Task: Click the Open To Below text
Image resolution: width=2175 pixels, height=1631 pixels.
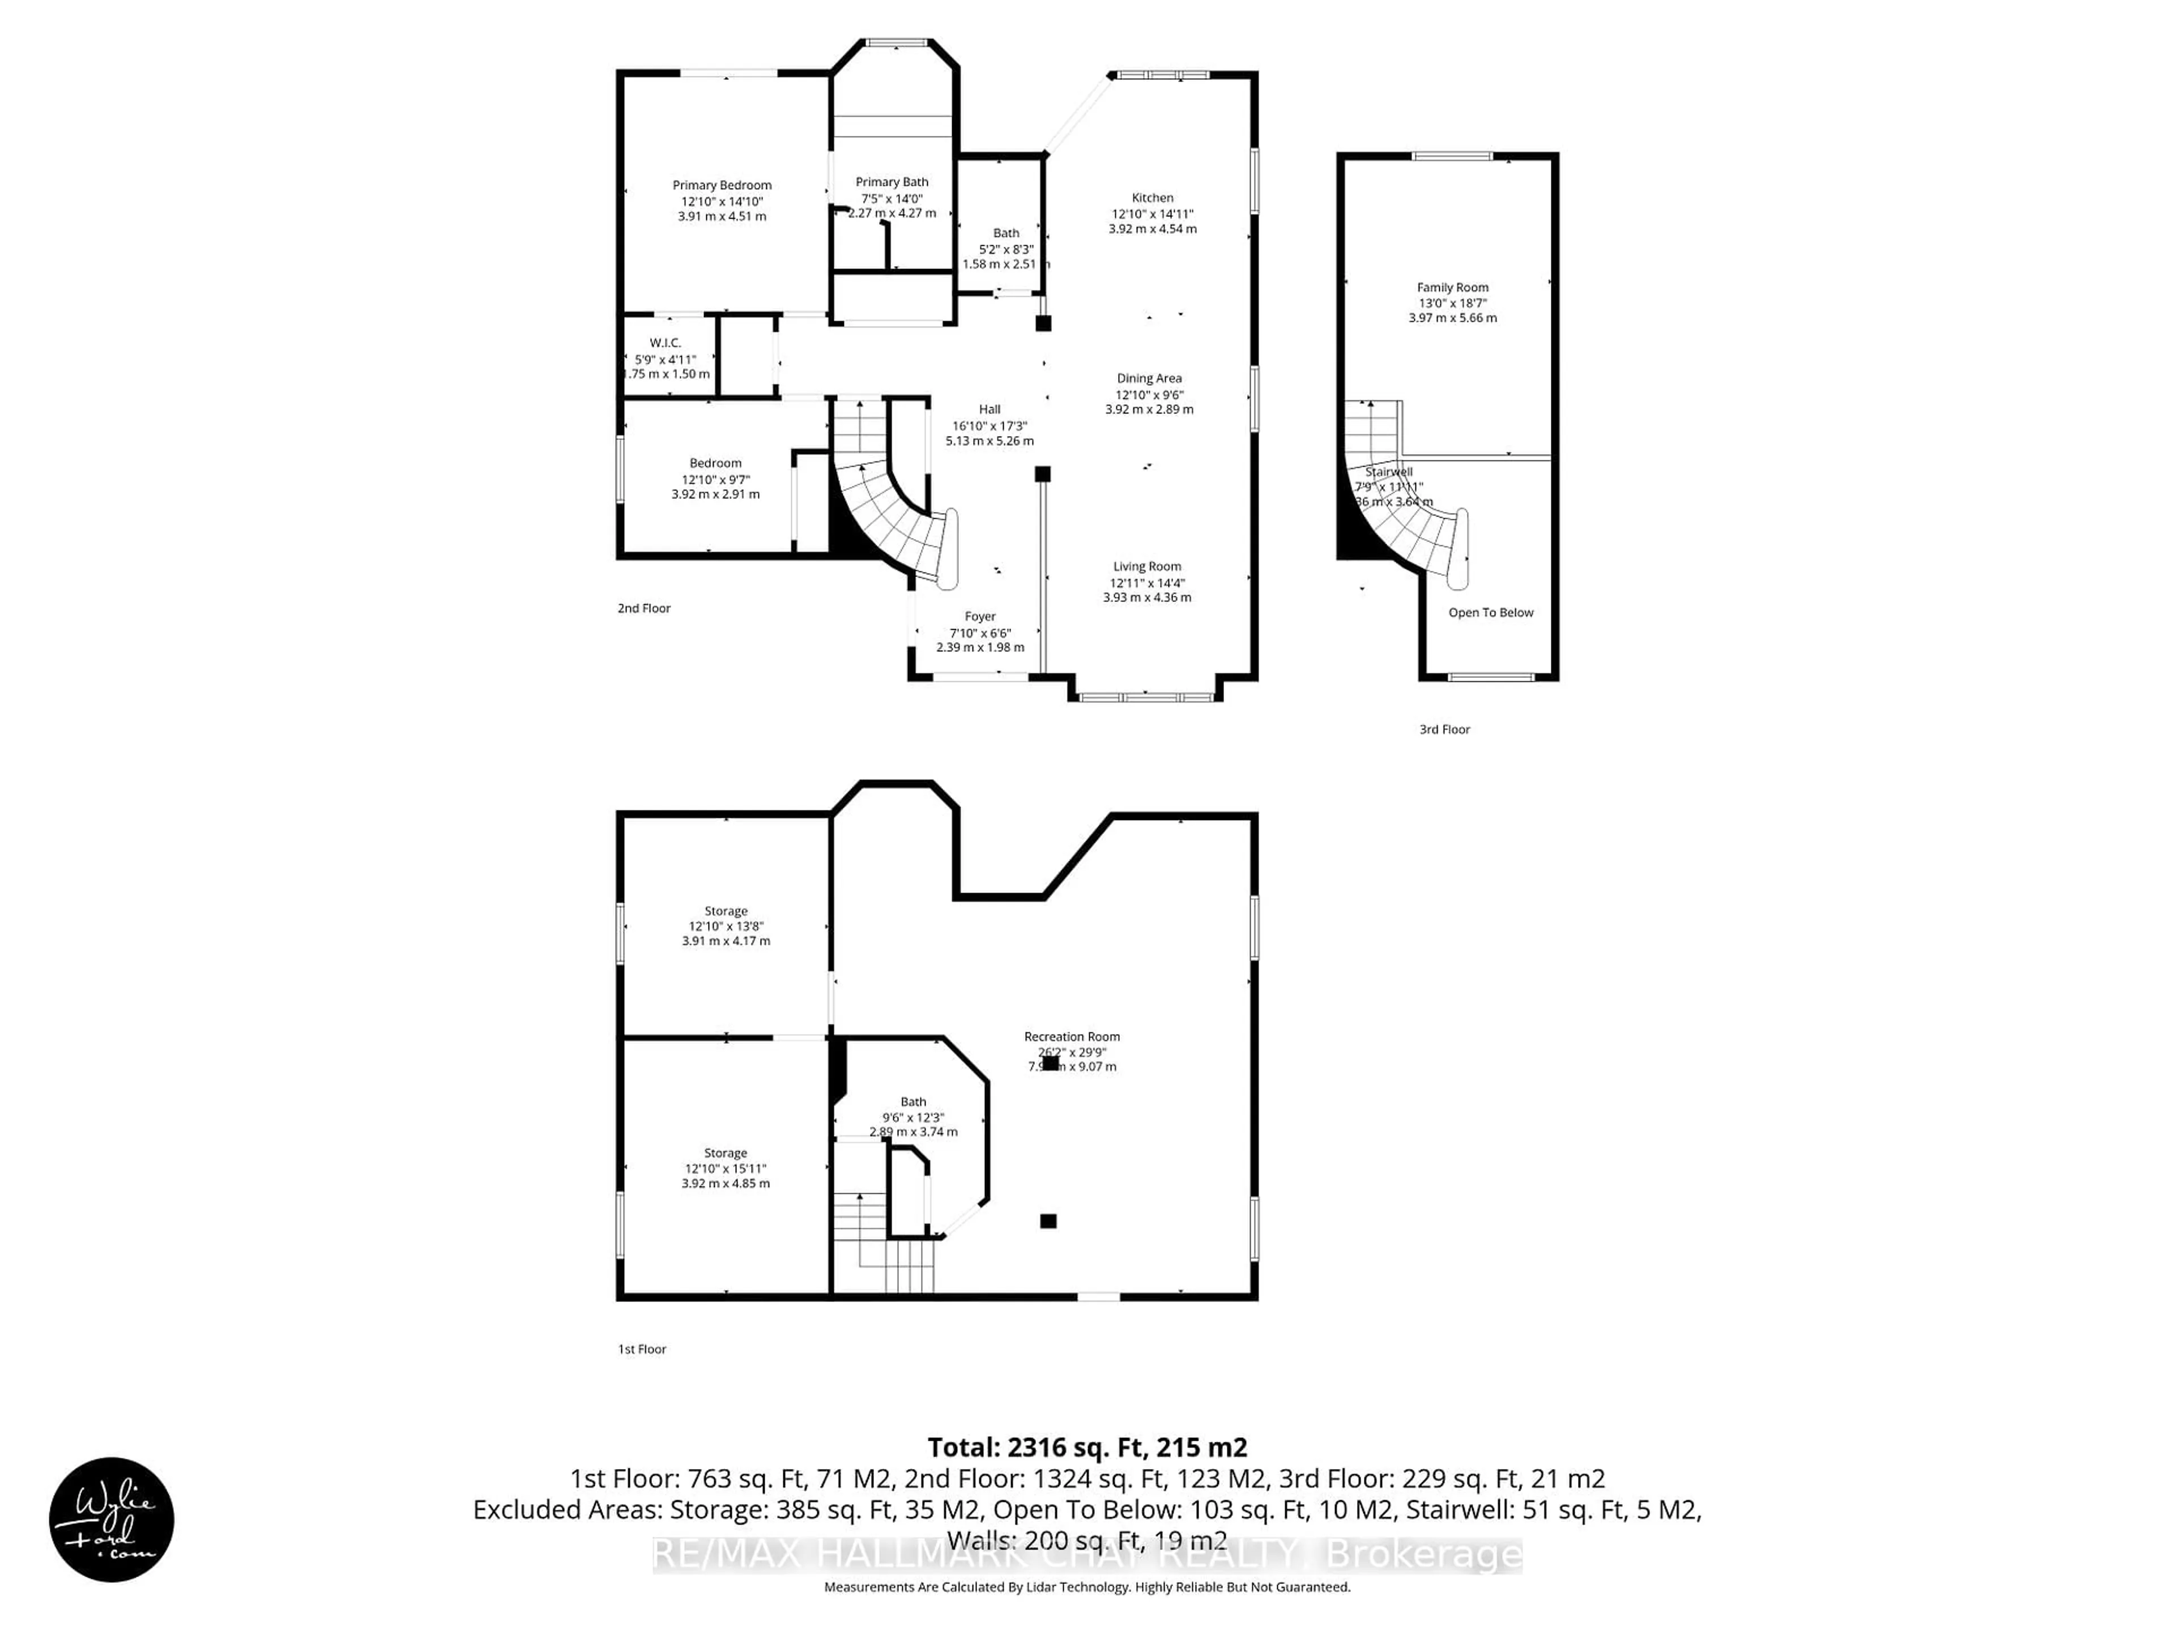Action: point(1491,613)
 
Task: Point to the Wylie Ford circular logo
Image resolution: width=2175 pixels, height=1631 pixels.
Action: point(111,1520)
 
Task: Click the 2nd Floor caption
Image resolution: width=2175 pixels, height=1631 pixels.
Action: point(644,609)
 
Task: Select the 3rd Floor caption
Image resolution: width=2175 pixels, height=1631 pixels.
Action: point(1444,729)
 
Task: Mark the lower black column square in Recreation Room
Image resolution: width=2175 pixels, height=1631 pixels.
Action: point(1048,1221)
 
